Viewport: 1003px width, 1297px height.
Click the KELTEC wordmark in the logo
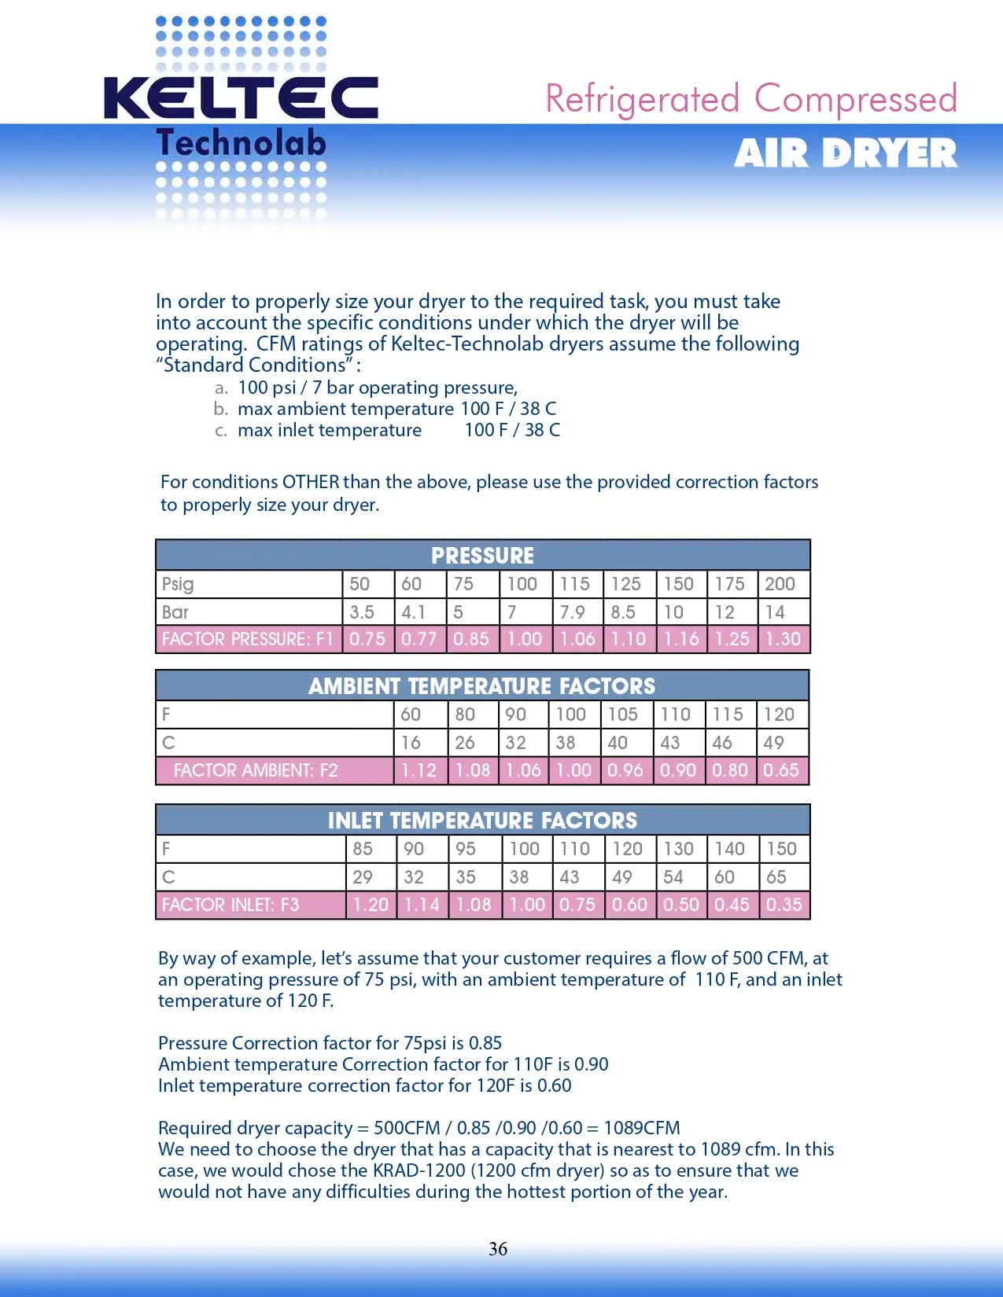241,98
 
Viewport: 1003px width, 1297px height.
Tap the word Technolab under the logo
241,143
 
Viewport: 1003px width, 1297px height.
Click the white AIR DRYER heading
846,153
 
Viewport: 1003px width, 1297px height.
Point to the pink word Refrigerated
643,100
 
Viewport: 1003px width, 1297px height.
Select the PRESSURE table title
482,556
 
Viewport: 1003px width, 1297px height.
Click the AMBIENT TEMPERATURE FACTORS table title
481,686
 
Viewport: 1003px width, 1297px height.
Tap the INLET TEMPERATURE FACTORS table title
482,821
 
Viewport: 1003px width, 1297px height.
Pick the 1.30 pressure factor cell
783,639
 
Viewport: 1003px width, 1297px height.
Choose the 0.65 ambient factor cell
781,770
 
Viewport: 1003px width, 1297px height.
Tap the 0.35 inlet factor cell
784,905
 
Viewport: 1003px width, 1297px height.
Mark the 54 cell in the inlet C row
673,877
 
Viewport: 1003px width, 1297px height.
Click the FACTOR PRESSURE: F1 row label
248,639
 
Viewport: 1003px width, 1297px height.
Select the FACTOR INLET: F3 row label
230,905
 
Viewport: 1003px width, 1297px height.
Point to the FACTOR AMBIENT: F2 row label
256,770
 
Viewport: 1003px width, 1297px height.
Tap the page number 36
498,1249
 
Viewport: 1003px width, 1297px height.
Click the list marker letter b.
220,409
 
